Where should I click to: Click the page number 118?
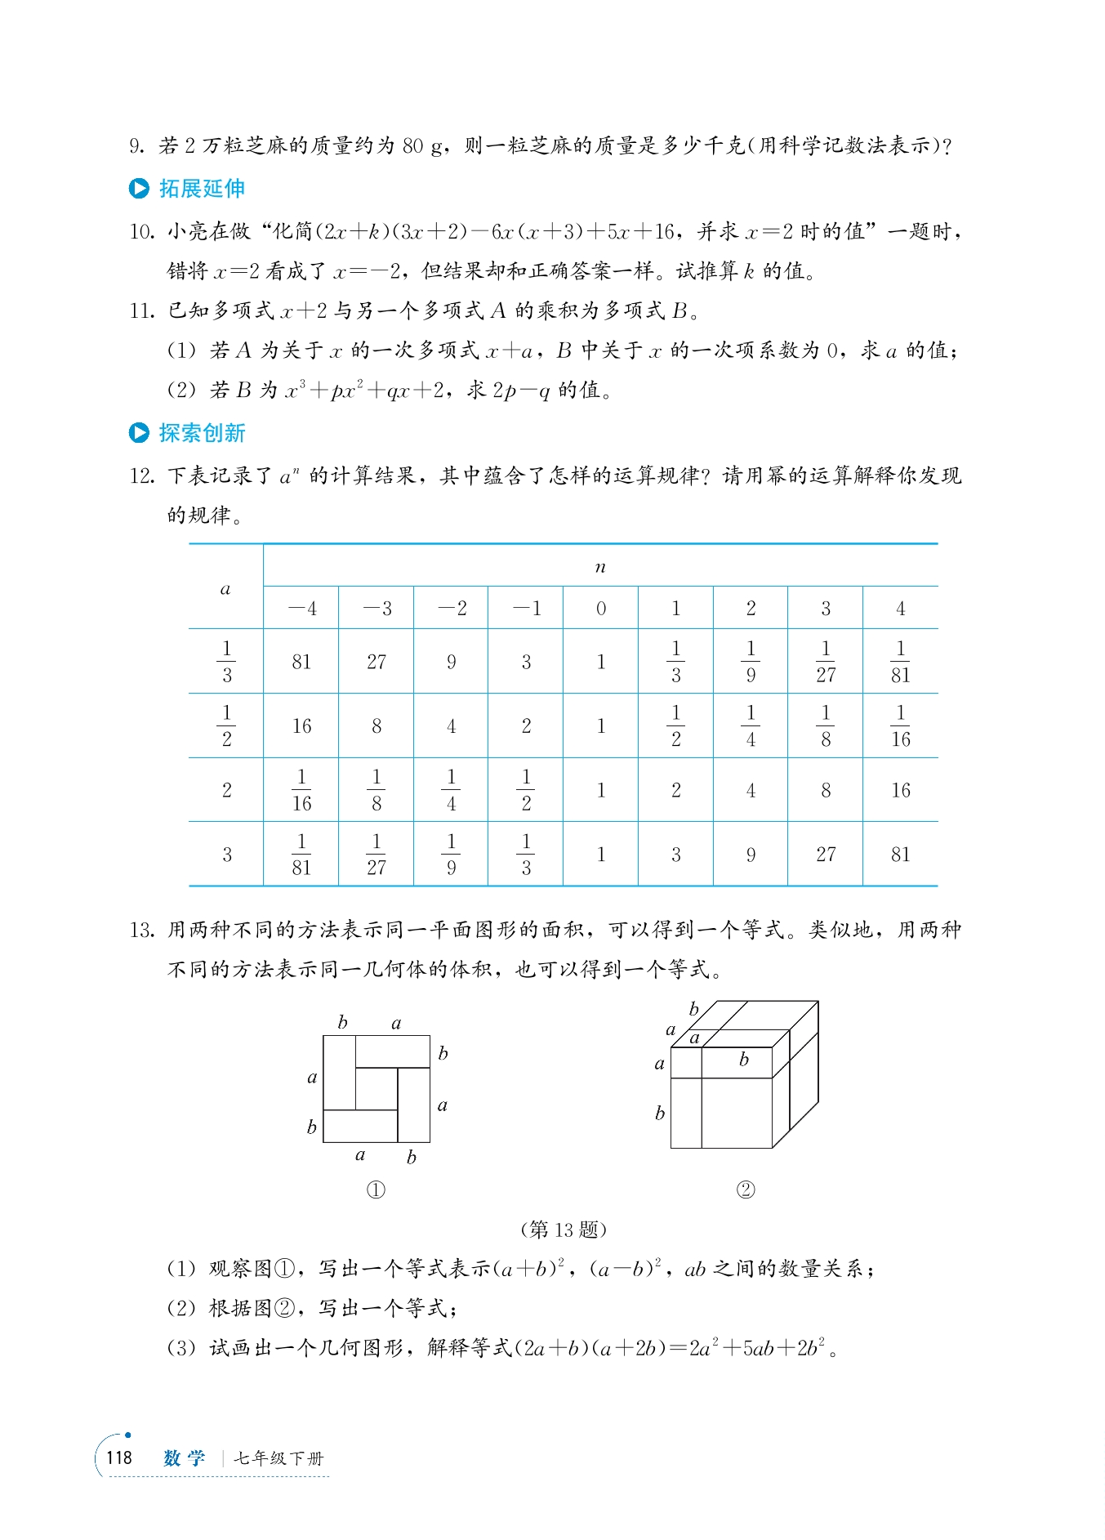119,1457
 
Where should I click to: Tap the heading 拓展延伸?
202,189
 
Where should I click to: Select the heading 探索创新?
202,433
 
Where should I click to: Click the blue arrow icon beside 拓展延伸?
139,189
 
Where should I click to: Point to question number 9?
136,146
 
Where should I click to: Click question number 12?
141,475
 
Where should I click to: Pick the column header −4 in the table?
301,609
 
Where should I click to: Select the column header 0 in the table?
601,609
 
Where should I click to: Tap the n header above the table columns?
600,567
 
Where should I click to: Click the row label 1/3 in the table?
226,662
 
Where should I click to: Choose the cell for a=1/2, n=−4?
301,726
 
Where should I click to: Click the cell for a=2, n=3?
826,790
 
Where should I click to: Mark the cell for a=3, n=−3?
377,855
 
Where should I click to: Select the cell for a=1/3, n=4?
900,662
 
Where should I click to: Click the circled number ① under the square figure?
376,1190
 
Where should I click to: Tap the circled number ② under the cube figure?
745,1190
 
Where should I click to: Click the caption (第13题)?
563,1229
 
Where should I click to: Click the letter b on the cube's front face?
743,1060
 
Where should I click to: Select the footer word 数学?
185,1458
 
